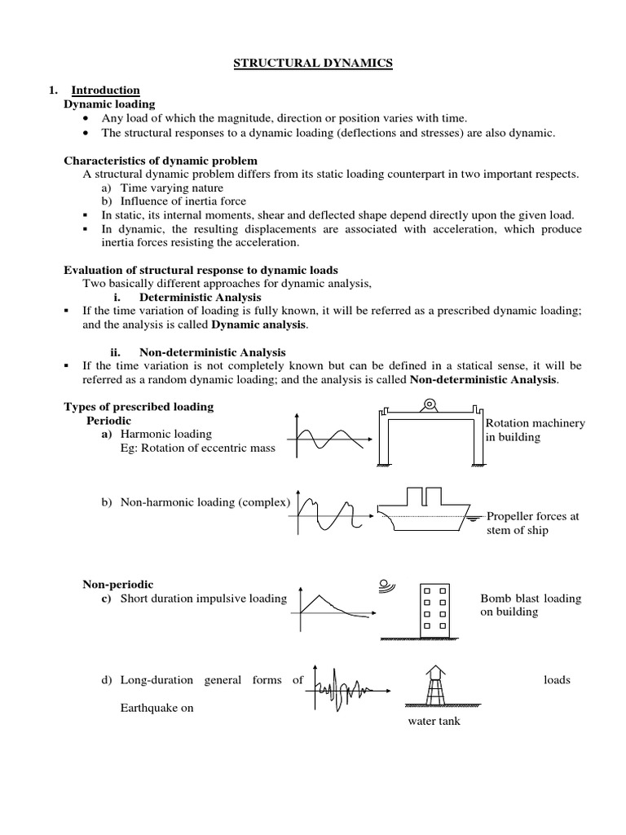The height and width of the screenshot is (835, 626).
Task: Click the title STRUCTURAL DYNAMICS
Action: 313,64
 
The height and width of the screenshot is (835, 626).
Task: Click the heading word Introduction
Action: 105,91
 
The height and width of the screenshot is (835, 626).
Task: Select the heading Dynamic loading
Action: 109,104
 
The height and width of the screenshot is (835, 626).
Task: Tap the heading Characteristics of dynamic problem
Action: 161,161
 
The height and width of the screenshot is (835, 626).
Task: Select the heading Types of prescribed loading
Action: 139,406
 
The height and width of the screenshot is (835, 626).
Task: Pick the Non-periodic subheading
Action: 117,584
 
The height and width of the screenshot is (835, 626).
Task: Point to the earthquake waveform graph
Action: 342,690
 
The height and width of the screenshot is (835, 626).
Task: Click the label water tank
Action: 434,722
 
